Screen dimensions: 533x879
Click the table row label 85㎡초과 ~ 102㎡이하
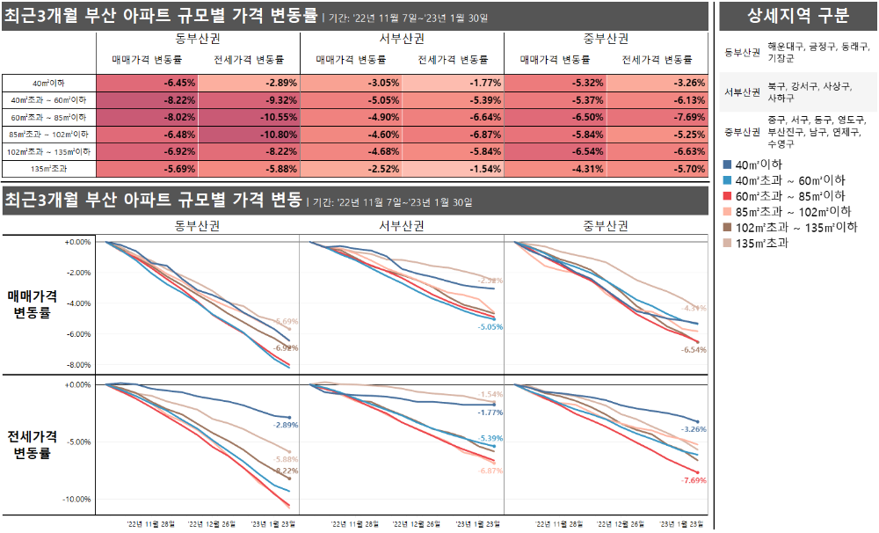pos(48,135)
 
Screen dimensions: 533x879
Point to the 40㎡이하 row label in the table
pos(48,82)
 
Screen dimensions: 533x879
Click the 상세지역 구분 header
pos(797,16)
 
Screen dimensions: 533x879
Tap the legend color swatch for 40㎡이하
pos(726,164)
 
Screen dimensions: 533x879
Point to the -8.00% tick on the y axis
pos(78,365)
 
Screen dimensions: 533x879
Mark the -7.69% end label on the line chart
pos(694,481)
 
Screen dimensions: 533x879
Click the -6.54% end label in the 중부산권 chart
pos(694,349)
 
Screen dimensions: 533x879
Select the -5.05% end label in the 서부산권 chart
pos(490,327)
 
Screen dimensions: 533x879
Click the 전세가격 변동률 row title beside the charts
pos(37,444)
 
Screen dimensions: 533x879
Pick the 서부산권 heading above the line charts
pos(402,226)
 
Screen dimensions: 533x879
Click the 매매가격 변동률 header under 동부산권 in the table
pos(147,60)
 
